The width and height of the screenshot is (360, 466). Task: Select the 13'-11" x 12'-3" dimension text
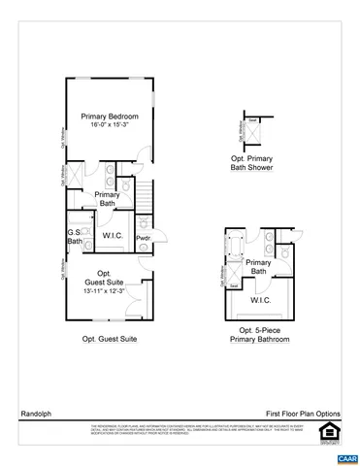105,290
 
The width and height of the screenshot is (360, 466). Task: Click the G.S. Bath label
74,236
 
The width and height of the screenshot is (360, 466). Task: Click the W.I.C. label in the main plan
111,235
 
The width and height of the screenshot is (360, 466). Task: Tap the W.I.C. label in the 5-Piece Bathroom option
260,300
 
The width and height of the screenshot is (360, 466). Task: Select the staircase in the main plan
145,200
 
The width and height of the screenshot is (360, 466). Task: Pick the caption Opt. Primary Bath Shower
252,163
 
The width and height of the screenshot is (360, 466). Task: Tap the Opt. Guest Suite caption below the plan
109,338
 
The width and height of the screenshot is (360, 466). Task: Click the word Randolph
35,412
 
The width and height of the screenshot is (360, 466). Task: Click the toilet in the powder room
144,250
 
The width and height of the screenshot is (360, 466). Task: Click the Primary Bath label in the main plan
107,199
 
